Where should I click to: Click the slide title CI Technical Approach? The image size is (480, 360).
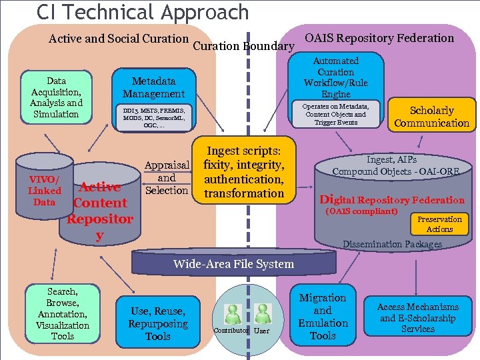143,12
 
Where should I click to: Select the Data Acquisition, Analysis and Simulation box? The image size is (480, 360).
56,97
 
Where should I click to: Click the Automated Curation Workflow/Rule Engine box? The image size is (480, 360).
335,77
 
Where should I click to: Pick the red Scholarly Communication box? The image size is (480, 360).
431,117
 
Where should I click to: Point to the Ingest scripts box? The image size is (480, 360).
243,172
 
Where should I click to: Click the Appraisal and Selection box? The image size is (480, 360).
167,178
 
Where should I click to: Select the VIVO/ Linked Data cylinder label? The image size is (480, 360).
44,191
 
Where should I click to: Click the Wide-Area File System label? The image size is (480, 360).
233,264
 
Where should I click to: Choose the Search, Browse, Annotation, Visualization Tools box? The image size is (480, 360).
63,314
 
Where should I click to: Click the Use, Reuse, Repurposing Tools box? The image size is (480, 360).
158,323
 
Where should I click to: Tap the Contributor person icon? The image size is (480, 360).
233,315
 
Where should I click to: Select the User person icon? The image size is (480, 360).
262,315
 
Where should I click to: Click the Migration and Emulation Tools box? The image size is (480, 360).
323,317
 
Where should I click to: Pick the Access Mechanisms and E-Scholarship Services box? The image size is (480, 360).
417,317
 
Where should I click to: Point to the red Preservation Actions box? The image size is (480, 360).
439,224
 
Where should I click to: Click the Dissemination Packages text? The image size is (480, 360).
392,244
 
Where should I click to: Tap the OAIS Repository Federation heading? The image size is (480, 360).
379,38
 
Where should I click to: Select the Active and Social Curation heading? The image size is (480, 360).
119,39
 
